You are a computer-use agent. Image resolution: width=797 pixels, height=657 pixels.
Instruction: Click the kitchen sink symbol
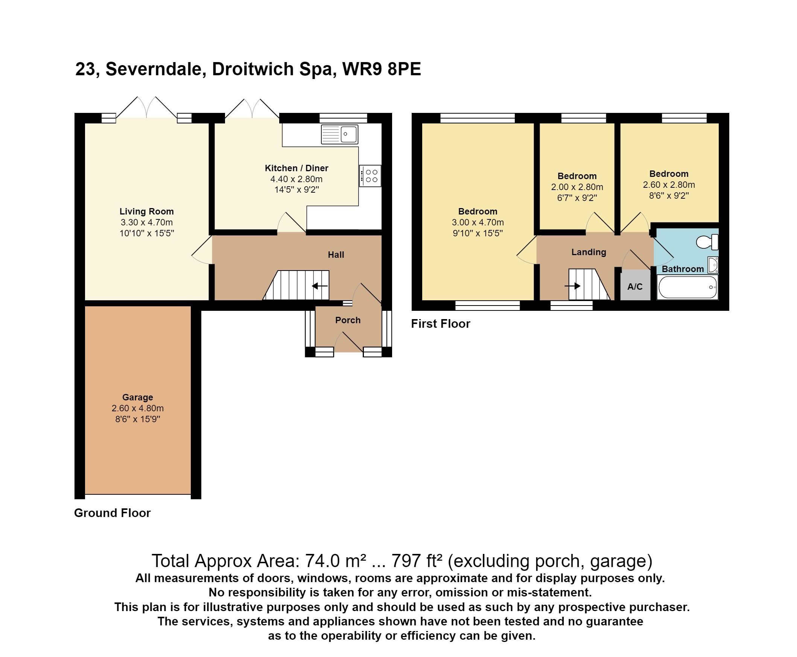click(x=339, y=134)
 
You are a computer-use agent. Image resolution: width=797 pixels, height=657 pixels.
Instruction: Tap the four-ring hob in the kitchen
click(x=370, y=176)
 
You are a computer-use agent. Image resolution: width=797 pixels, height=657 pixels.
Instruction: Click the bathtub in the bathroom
click(x=687, y=287)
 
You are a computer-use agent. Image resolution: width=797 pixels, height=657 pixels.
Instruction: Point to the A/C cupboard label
click(x=635, y=286)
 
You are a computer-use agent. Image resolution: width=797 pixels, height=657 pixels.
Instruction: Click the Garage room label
click(x=137, y=397)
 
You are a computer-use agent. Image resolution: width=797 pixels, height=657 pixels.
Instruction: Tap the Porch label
click(x=347, y=320)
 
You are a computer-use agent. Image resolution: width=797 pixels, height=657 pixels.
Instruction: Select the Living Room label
click(x=146, y=211)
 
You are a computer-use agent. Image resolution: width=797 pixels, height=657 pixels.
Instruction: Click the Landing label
click(x=589, y=252)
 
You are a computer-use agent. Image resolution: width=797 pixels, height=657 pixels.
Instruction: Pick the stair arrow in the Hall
click(x=320, y=286)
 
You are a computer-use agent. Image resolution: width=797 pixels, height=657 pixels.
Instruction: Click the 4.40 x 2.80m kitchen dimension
click(x=296, y=179)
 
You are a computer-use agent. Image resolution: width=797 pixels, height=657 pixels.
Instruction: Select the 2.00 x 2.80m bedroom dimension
click(x=577, y=187)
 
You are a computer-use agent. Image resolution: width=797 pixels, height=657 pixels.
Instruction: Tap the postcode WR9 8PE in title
click(x=381, y=69)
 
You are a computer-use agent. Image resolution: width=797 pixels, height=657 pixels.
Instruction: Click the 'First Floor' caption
click(x=441, y=324)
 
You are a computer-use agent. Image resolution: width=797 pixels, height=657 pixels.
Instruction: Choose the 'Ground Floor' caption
click(x=113, y=513)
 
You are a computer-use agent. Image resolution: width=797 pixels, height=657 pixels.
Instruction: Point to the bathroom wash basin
click(x=713, y=265)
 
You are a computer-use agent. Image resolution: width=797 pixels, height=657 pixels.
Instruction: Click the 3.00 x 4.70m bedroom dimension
click(x=478, y=222)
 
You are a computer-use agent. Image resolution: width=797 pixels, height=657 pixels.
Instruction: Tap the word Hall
click(x=336, y=255)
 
